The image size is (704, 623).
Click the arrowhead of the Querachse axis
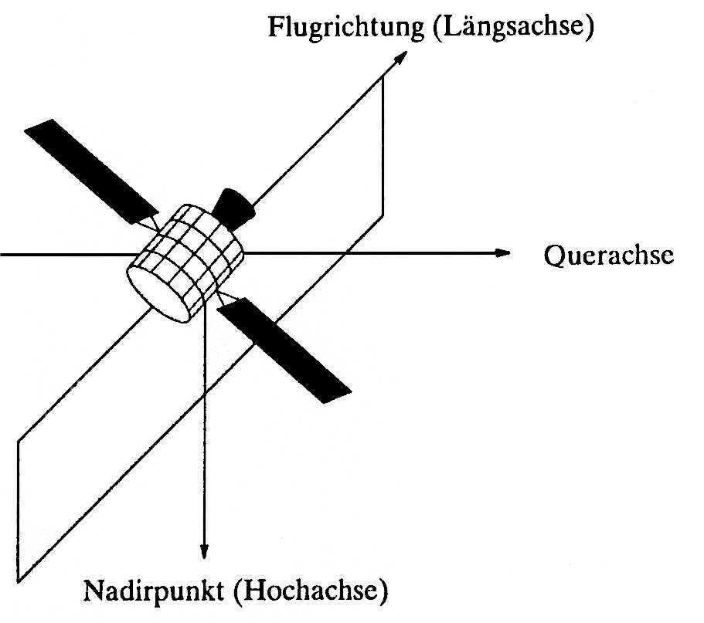coord(503,253)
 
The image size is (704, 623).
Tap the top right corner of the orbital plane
coord(384,80)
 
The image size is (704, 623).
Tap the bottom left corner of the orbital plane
coord(17,580)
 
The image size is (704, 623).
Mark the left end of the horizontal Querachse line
coord(2,253)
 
